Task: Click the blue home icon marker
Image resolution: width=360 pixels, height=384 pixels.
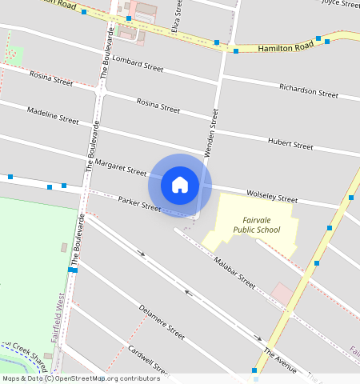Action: [180, 185]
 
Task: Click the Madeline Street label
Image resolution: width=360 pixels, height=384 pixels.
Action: [53, 115]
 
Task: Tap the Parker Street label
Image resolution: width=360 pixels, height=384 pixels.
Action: [140, 204]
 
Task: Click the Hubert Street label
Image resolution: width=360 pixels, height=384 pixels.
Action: [290, 145]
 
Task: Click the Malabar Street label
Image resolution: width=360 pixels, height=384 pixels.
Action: [234, 272]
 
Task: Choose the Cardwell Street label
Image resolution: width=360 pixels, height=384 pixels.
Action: [150, 361]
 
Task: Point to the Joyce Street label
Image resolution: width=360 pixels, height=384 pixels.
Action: [341, 3]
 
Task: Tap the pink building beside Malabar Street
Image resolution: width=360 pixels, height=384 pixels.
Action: [282, 294]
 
